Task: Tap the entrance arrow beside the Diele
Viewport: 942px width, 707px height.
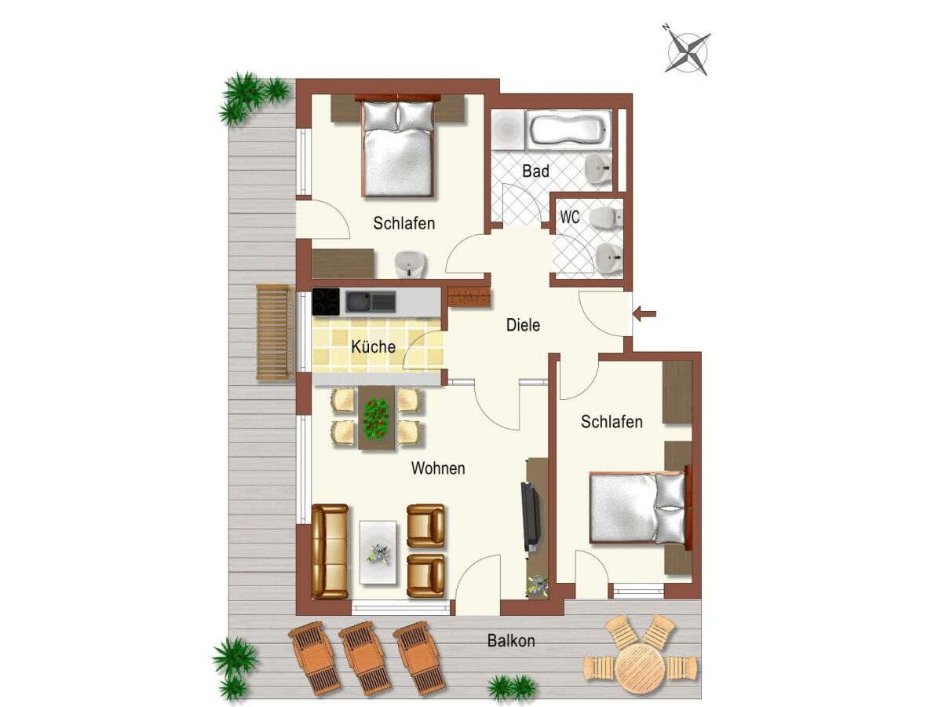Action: coord(644,313)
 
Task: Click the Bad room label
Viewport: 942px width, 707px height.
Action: coord(535,170)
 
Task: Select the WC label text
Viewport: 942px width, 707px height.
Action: coord(570,218)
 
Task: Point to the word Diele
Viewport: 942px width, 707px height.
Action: coord(523,325)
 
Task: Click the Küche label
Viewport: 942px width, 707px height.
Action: coord(374,346)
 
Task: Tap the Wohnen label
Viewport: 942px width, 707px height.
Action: coord(438,468)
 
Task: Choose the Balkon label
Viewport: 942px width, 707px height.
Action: coord(511,641)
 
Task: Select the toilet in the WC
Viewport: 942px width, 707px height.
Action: coord(606,218)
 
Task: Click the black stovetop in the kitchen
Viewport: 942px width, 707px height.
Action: coord(326,302)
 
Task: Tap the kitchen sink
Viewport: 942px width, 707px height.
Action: coord(371,302)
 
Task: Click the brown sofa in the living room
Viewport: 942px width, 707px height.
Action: coord(330,551)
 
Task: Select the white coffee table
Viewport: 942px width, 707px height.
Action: coord(378,552)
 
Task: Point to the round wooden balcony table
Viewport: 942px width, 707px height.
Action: coord(640,667)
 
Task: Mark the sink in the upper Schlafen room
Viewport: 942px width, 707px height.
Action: coord(411,264)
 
